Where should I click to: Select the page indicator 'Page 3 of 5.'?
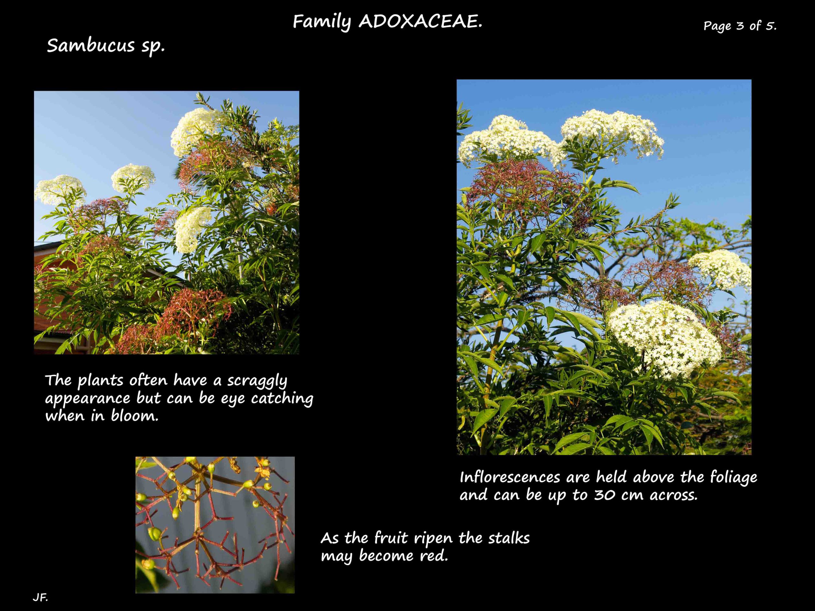(x=740, y=26)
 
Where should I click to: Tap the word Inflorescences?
(x=510, y=477)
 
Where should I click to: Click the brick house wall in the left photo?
(x=55, y=295)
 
